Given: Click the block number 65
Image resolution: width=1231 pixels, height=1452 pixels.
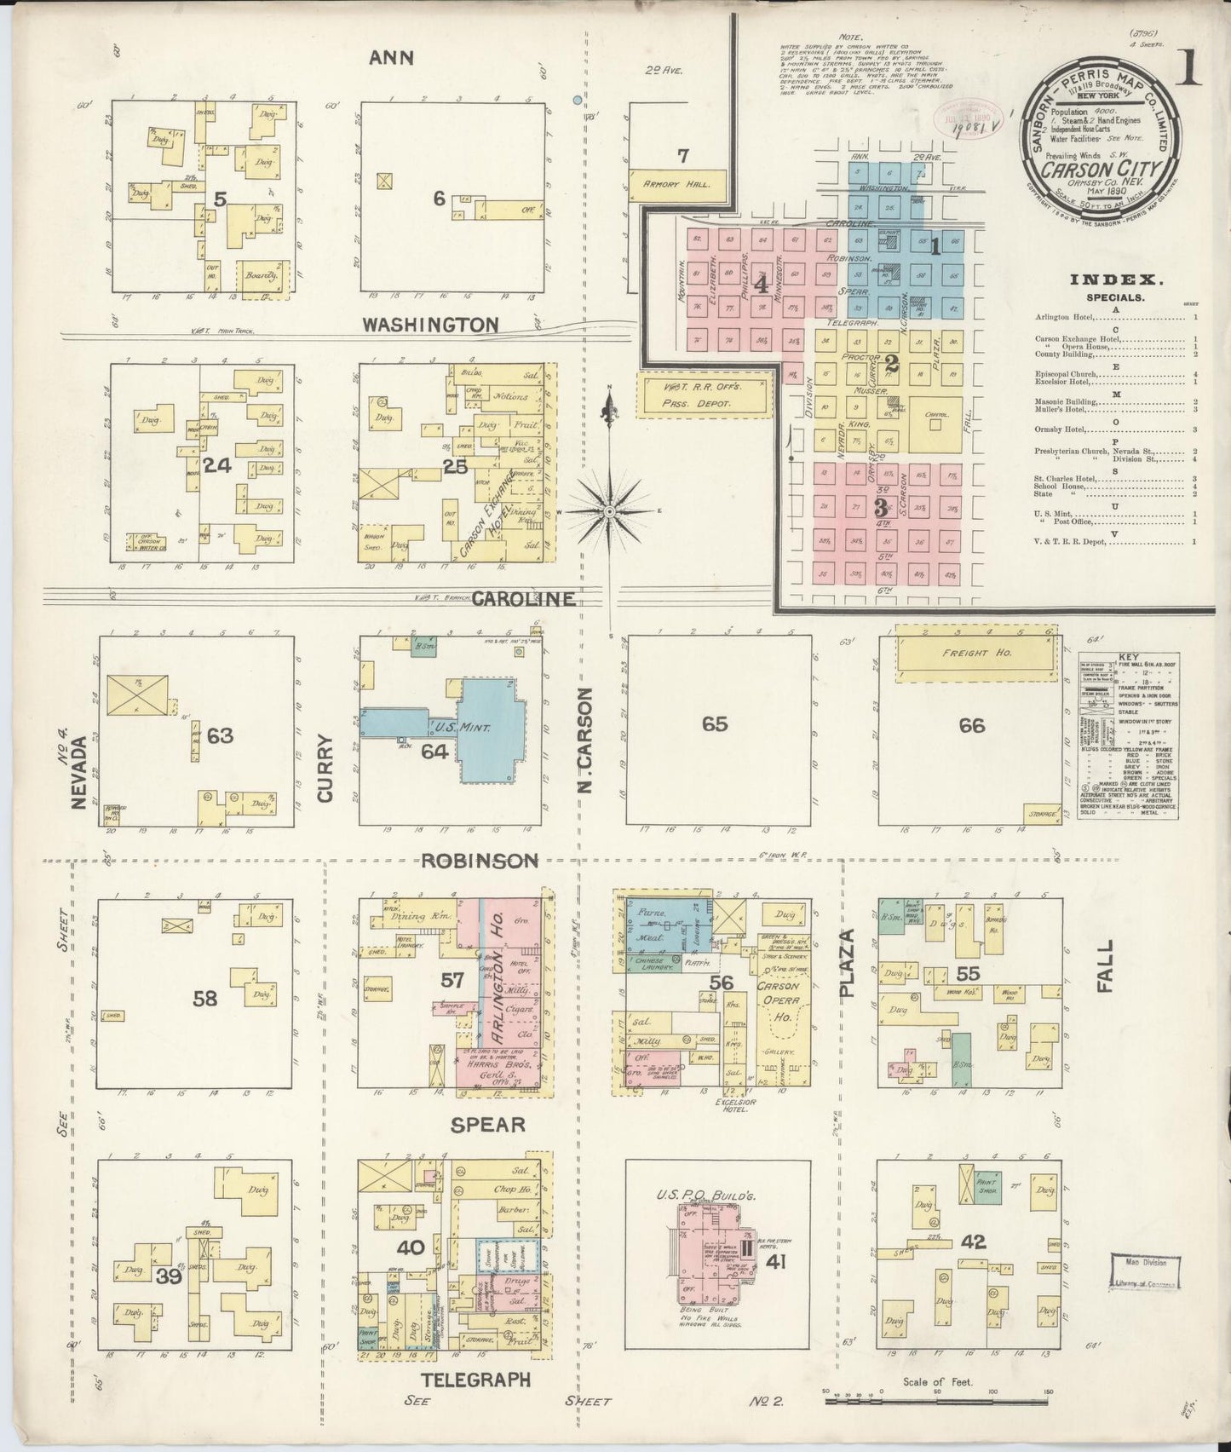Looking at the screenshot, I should pos(715,724).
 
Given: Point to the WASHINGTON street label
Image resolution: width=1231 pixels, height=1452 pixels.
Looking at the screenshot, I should pos(430,325).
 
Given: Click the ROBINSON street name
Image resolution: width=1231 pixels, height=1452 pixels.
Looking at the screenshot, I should pos(480,861).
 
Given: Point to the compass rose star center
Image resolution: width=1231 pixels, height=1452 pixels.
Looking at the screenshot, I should pos(610,510).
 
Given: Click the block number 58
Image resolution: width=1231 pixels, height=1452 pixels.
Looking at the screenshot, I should pos(205,998).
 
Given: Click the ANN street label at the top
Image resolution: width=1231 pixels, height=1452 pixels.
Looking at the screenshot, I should pos(392,58).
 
